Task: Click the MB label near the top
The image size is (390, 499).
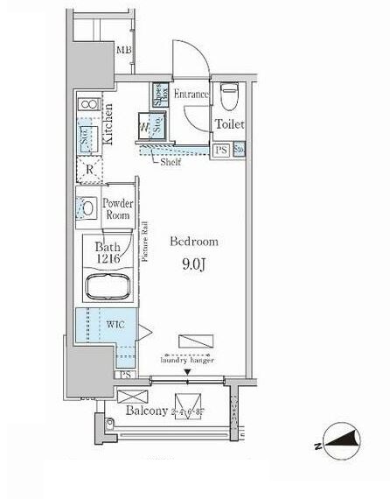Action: pos(124,50)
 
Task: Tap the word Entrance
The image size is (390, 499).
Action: pos(192,94)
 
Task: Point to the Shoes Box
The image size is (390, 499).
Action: pos(161,94)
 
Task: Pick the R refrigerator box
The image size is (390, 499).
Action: pos(89,169)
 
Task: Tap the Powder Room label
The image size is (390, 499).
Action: pos(118,209)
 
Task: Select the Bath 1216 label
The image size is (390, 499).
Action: pos(108,254)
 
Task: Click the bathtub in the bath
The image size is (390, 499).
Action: pos(107,287)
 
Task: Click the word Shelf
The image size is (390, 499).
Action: pos(169,162)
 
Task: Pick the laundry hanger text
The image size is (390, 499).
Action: pos(189,360)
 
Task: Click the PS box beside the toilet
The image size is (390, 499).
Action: pos(221,150)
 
